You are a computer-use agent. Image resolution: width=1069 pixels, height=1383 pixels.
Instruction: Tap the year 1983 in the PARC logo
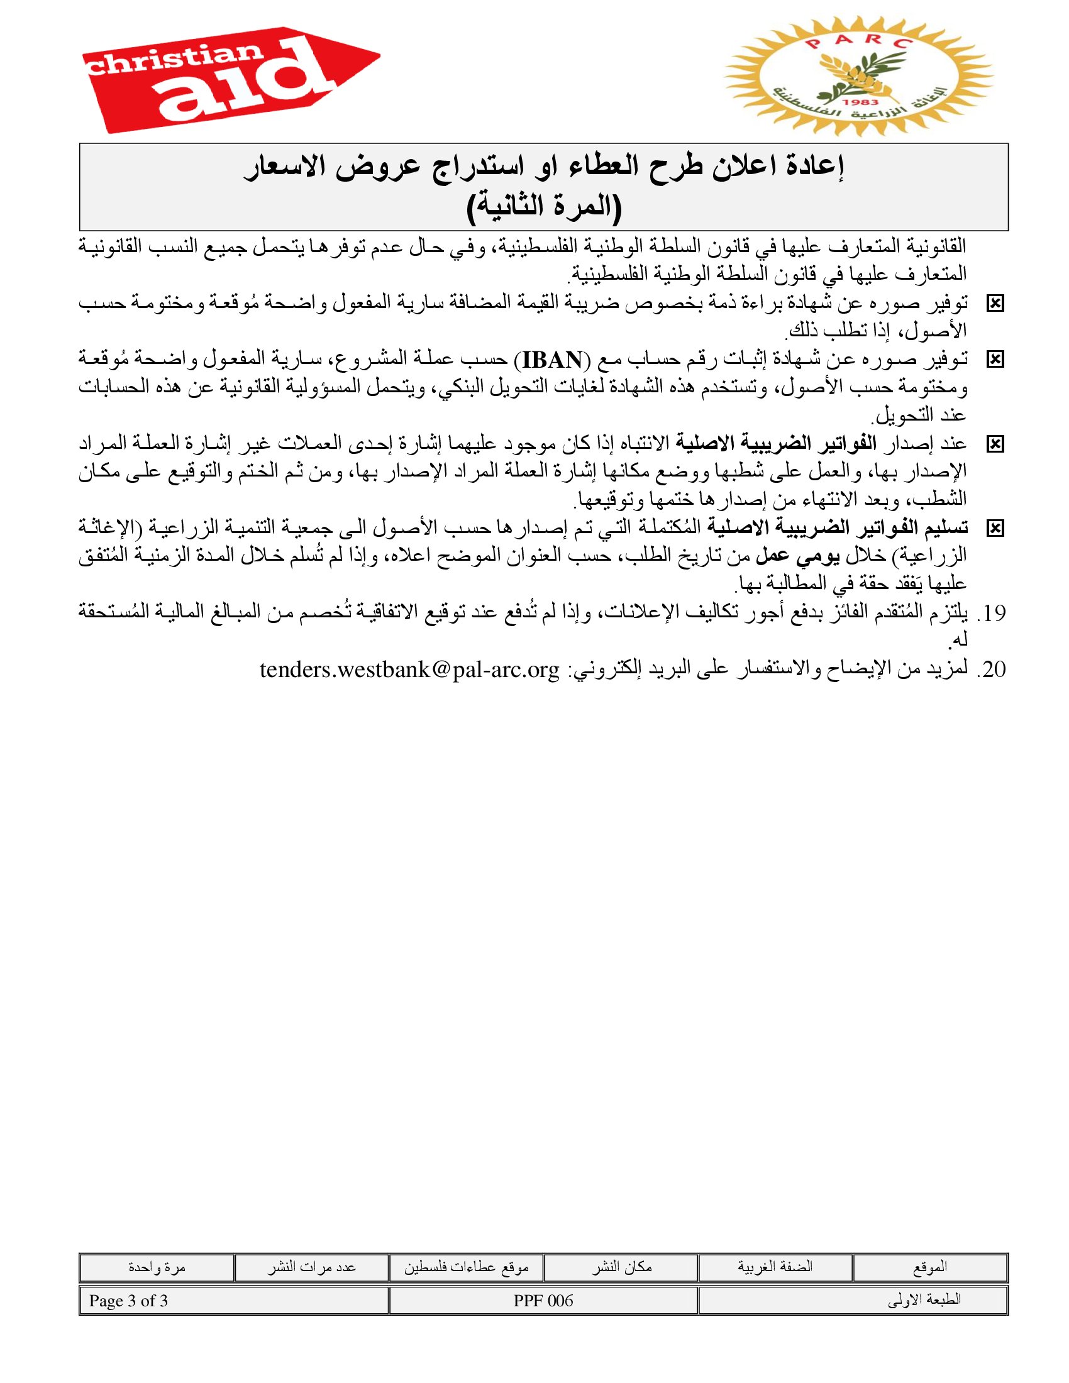[x=860, y=102]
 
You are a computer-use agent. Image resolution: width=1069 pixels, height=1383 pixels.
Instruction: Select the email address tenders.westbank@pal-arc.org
[x=410, y=669]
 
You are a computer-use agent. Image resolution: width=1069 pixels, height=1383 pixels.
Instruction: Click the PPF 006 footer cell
[x=543, y=1301]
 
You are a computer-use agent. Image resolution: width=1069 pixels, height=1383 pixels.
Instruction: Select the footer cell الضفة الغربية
[x=775, y=1267]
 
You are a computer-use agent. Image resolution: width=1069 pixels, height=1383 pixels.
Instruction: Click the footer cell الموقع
[x=929, y=1267]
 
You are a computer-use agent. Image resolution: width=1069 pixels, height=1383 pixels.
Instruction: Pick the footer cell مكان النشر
[x=621, y=1267]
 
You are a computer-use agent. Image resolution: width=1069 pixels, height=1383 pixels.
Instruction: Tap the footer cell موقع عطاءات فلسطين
[x=466, y=1267]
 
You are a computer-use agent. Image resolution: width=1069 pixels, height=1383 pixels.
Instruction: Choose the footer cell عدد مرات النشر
[x=311, y=1267]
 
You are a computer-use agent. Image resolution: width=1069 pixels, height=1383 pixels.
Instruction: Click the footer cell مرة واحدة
[x=157, y=1267]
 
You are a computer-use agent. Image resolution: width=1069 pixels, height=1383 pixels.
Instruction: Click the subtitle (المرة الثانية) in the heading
[x=544, y=206]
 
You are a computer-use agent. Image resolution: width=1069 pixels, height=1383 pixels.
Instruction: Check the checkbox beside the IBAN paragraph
[x=995, y=360]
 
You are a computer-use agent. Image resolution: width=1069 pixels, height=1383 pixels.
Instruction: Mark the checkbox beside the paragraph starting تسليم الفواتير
[x=995, y=528]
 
